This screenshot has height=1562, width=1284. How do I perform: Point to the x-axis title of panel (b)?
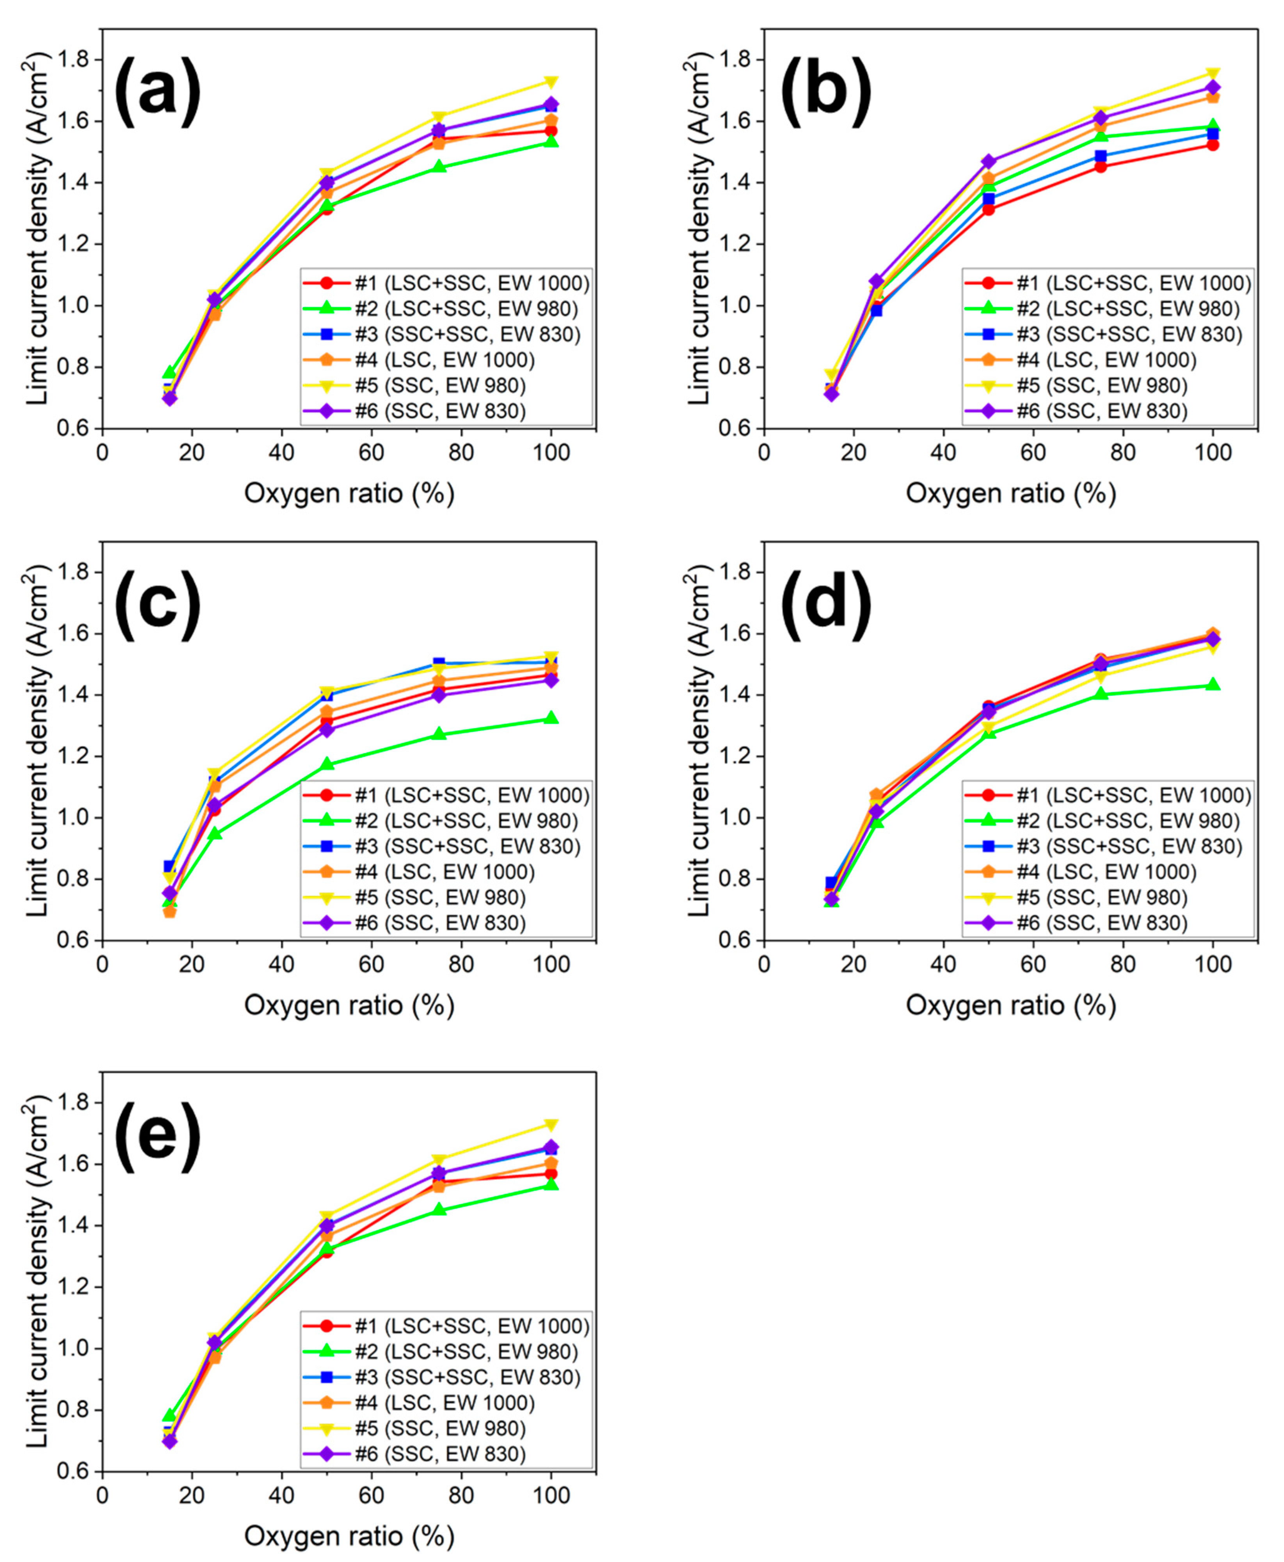click(1010, 494)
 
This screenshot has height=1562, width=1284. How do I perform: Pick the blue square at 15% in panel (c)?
click(169, 866)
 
